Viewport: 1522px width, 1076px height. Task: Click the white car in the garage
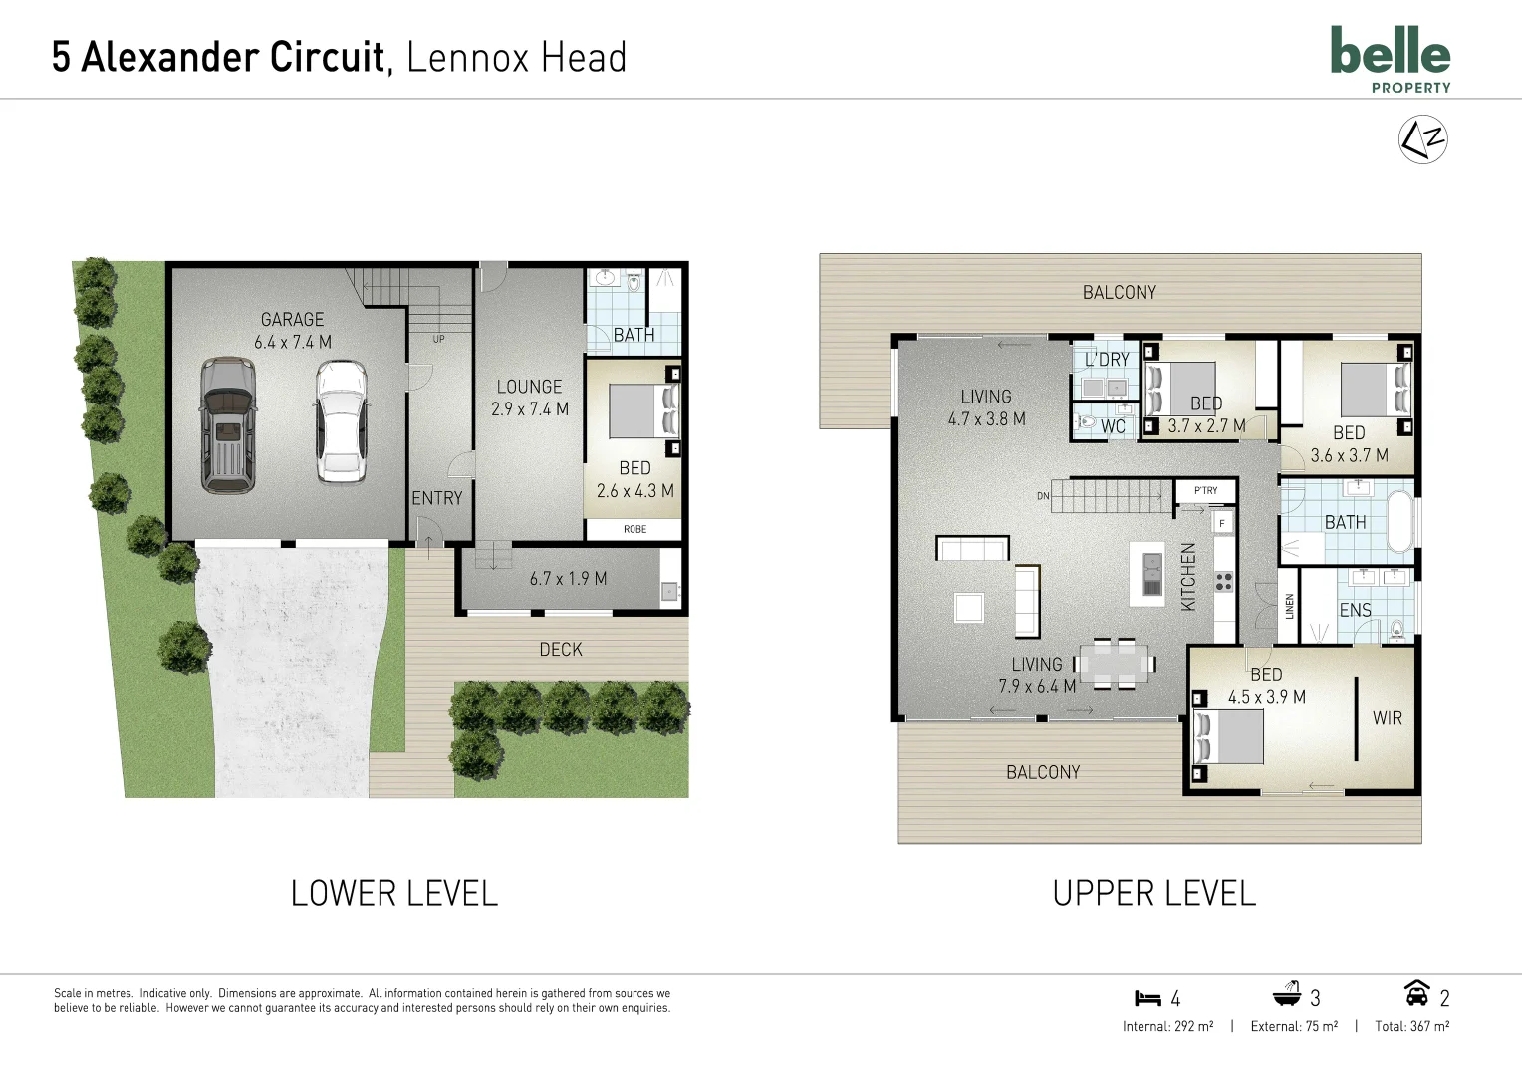[341, 421]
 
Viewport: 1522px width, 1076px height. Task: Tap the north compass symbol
[1422, 139]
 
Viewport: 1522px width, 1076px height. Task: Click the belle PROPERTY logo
[1391, 59]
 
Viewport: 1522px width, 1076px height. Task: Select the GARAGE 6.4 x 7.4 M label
[293, 331]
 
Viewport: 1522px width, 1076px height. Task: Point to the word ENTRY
[437, 498]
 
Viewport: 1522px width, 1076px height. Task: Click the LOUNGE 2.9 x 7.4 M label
[529, 398]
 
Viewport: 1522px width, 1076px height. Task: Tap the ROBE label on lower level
[634, 529]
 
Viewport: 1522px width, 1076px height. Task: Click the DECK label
[561, 650]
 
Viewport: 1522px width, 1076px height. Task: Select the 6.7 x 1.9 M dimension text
[568, 579]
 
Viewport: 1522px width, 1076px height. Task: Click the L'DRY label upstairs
[1107, 360]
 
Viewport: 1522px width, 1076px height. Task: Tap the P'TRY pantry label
[1205, 490]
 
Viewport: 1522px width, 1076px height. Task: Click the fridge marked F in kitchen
[1222, 523]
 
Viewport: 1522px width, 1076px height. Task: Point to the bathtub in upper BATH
[1400, 522]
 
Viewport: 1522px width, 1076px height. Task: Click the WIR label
[1387, 718]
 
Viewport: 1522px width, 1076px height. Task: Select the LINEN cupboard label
[1289, 606]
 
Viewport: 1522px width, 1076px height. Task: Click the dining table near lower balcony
[1115, 664]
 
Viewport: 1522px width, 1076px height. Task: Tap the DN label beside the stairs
[1043, 496]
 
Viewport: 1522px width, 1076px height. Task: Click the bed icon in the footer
[1147, 998]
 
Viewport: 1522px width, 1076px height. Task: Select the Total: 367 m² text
[1411, 1026]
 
